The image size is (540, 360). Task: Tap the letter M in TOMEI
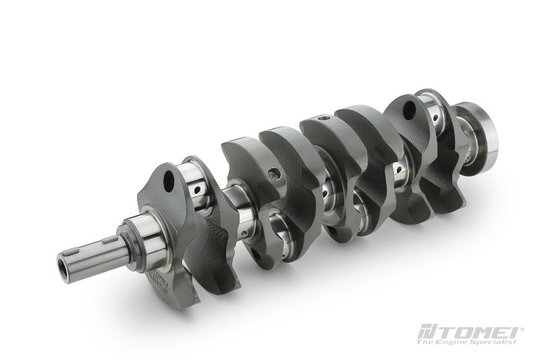(x=482, y=334)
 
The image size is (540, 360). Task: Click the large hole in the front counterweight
(x=169, y=179)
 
